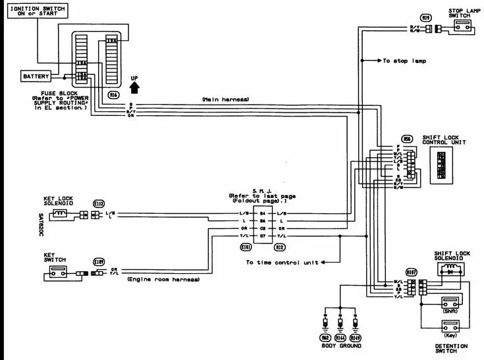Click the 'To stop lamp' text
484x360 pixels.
(x=404, y=61)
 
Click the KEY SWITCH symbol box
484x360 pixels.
(x=57, y=272)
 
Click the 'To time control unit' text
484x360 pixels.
(x=282, y=262)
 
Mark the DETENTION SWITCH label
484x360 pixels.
(x=451, y=348)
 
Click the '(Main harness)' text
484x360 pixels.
(x=226, y=99)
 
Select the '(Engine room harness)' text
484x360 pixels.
(x=163, y=280)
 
